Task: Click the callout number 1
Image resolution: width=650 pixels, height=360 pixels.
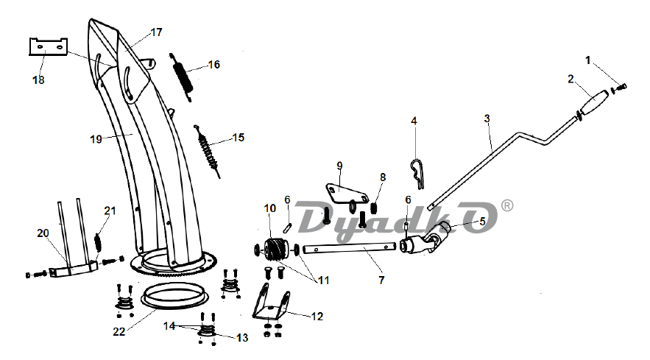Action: point(587,60)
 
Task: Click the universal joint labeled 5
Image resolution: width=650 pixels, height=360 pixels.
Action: point(427,239)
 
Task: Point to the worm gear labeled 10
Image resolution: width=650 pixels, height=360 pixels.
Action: point(274,250)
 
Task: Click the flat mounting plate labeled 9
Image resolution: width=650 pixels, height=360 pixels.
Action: point(347,194)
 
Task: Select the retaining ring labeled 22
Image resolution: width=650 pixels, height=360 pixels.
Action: point(175,297)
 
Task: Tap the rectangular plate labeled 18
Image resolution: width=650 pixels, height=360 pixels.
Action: point(48,46)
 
